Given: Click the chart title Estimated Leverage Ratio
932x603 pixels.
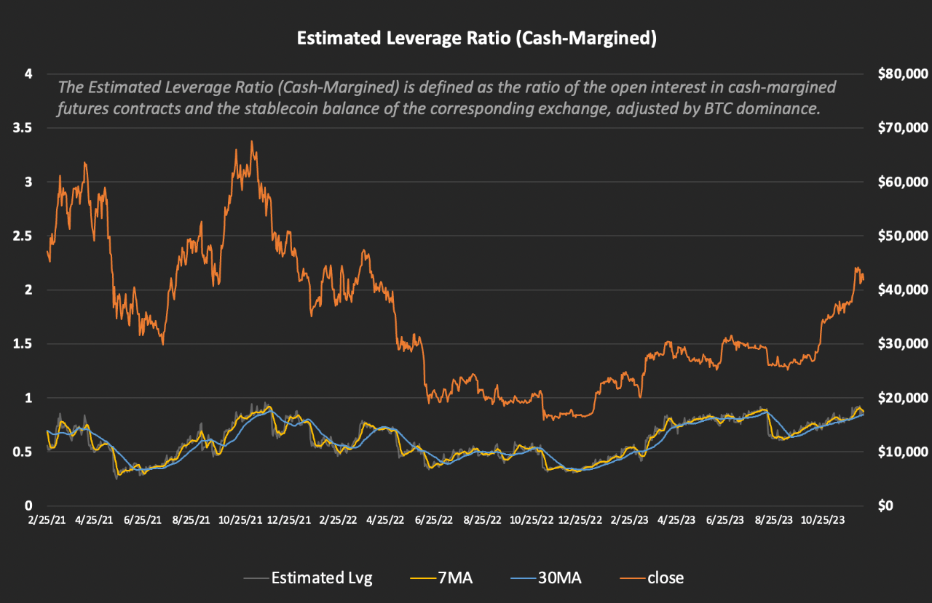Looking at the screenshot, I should [x=476, y=39].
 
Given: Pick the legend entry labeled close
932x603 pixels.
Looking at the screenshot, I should [x=666, y=578].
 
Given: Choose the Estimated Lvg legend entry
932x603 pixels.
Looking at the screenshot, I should [x=321, y=578].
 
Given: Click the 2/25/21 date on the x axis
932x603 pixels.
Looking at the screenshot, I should [x=47, y=521].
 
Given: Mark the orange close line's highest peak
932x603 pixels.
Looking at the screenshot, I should [x=252, y=141].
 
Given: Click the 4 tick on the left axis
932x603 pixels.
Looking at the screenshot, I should [x=29, y=73].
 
